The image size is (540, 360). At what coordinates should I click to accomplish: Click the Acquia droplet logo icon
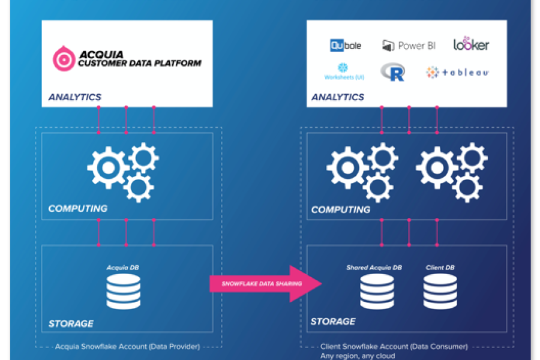point(63,58)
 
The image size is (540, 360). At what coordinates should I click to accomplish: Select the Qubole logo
point(345,45)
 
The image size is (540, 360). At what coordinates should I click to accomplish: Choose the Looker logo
point(471,44)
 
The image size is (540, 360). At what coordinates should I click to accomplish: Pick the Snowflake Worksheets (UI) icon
point(344,71)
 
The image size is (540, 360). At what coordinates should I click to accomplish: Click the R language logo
point(392,73)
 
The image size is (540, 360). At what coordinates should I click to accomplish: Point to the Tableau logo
point(457,73)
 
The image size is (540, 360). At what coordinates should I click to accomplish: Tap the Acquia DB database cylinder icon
point(123,292)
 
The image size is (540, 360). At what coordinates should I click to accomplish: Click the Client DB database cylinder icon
point(440,291)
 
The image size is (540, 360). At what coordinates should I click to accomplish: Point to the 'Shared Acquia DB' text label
point(373,268)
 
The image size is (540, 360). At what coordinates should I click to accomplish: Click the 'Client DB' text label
point(440,268)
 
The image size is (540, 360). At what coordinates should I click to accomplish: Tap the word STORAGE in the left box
point(71,323)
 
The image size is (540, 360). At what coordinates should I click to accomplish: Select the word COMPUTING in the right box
point(341,210)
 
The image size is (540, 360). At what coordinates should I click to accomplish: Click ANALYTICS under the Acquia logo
point(75,97)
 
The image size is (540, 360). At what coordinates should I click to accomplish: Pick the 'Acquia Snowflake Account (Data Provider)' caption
point(127,346)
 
